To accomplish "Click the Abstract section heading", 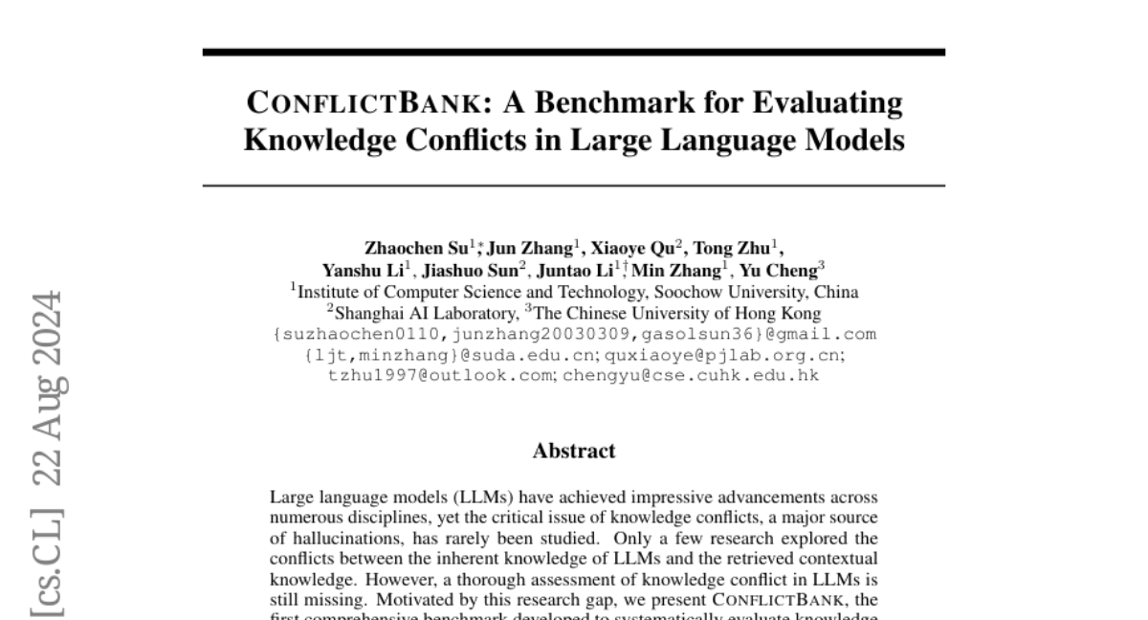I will pos(574,451).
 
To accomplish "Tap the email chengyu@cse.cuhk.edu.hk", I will pos(691,375).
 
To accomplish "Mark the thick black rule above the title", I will pos(574,52).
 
